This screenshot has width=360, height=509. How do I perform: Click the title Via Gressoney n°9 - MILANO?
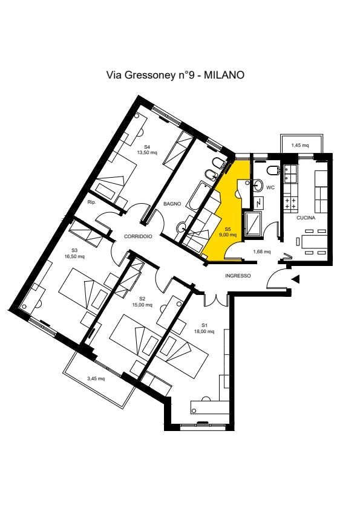pyautogui.click(x=175, y=75)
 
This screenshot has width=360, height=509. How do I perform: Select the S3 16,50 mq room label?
pyautogui.click(x=74, y=253)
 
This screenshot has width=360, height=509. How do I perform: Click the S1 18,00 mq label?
pyautogui.click(x=204, y=328)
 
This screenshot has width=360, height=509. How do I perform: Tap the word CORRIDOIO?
pyautogui.click(x=138, y=236)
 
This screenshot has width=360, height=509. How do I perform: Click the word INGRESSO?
pyautogui.click(x=238, y=276)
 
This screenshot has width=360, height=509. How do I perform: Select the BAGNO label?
pyautogui.click(x=172, y=204)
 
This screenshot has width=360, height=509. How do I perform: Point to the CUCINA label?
pyautogui.click(x=306, y=218)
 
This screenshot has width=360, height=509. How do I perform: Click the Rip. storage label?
pyautogui.click(x=91, y=203)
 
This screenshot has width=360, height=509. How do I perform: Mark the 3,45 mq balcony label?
pyautogui.click(x=96, y=378)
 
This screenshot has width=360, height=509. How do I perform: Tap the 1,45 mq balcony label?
pyautogui.click(x=300, y=145)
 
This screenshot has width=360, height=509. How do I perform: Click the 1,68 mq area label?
pyautogui.click(x=262, y=251)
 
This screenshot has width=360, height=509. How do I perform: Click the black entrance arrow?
pyautogui.click(x=296, y=279)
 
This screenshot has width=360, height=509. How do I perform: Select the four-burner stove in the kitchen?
pyautogui.click(x=290, y=203)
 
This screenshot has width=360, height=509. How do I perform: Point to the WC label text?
pyautogui.click(x=270, y=187)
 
